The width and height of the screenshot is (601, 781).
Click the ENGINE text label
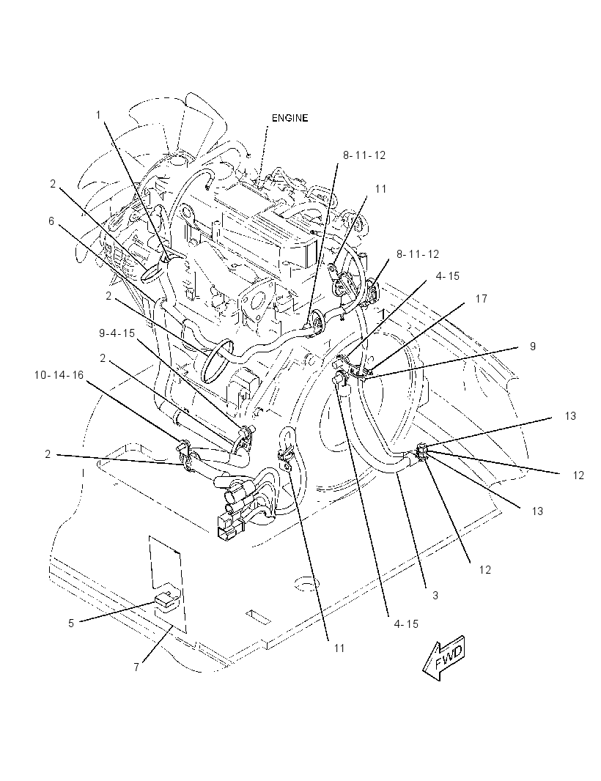[x=290, y=118]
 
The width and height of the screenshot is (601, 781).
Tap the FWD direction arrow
[x=443, y=658]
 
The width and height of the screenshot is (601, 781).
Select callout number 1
[x=98, y=115]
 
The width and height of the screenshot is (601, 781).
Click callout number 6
[x=51, y=221]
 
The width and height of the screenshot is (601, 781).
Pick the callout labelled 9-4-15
[x=117, y=333]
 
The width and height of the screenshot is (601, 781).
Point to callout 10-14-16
[x=59, y=374]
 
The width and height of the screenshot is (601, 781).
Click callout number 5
[x=71, y=623]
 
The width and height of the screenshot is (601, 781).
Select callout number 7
[x=136, y=667]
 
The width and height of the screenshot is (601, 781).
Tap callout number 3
[x=435, y=595]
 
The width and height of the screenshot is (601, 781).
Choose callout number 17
[x=481, y=299]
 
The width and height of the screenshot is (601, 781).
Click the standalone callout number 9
[x=533, y=346]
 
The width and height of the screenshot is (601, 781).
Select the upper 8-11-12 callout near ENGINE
[x=364, y=155]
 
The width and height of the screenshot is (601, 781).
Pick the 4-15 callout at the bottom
[x=406, y=623]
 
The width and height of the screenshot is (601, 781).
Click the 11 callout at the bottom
[x=339, y=648]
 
